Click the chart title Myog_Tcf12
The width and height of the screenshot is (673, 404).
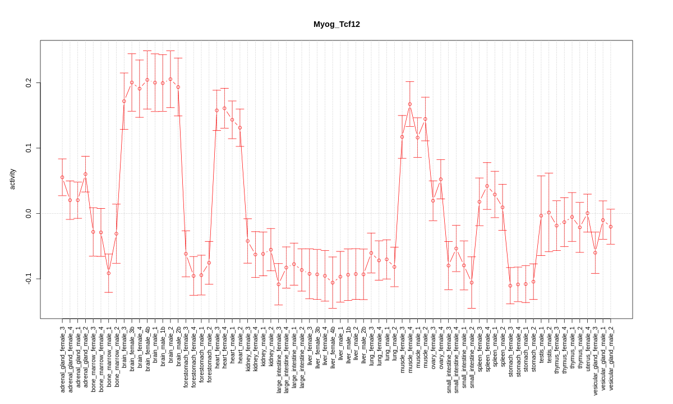tap(336, 24)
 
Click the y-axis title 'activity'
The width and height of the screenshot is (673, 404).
tap(12, 179)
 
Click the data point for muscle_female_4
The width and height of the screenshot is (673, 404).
tap(410, 104)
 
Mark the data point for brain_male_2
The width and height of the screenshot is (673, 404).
tap(170, 79)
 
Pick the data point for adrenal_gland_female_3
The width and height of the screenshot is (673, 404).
tap(62, 177)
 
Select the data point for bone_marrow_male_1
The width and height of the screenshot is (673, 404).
tap(109, 273)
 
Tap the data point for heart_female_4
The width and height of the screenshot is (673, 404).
tap(224, 108)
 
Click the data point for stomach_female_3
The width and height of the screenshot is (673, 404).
tap(510, 286)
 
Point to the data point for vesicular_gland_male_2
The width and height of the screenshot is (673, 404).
tap(611, 227)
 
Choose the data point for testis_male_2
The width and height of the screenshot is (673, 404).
tap(549, 213)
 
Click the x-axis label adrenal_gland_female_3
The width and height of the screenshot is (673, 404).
tap(62, 359)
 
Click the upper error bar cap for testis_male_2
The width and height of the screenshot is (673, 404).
tap(549, 173)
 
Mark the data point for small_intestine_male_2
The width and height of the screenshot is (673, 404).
tap(472, 282)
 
